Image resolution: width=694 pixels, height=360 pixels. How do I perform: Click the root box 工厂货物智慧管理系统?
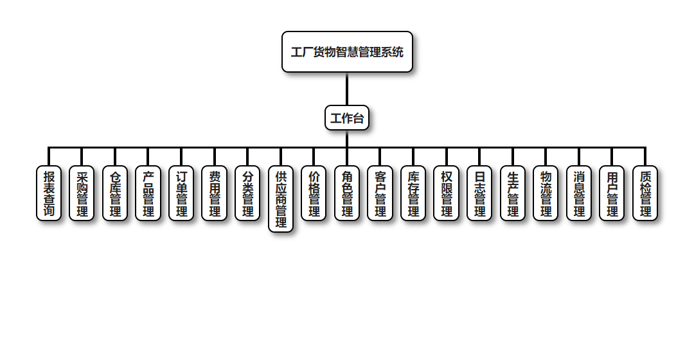[347, 52]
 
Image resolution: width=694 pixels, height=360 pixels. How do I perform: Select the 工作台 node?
[347, 118]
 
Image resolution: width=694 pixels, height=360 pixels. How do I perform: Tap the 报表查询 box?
[49, 194]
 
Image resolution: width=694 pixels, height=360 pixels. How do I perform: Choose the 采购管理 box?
[82, 194]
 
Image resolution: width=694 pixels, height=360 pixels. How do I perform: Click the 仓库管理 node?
[115, 194]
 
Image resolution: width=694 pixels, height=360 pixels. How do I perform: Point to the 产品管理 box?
[148, 194]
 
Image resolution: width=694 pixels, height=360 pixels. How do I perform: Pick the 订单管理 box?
[181, 194]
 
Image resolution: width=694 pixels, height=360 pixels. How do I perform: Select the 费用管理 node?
[215, 194]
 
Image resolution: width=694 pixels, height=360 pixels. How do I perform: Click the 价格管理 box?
[314, 194]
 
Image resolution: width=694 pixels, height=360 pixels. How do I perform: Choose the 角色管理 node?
[347, 194]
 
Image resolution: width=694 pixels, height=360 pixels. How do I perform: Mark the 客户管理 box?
[380, 194]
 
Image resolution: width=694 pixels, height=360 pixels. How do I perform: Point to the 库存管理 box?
[413, 194]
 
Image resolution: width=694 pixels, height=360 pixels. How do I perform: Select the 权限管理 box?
[447, 194]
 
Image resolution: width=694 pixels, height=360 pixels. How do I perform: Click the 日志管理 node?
[479, 194]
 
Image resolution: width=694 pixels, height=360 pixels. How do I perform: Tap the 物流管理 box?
[546, 194]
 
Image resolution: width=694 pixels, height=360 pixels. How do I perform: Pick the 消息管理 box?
[579, 194]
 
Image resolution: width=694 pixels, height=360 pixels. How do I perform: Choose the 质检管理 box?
[645, 194]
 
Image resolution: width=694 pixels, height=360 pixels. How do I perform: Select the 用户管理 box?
[612, 194]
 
